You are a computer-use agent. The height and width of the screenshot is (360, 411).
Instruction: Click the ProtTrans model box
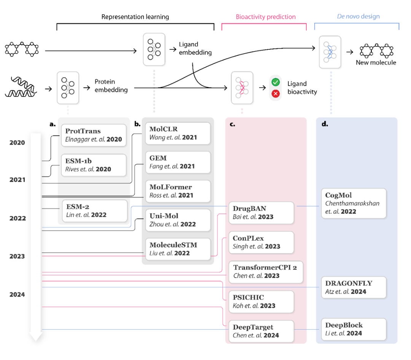coord(94,135)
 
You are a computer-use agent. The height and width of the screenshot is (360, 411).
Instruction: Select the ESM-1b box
coord(94,165)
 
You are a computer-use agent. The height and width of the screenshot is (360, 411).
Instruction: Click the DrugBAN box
coord(261,213)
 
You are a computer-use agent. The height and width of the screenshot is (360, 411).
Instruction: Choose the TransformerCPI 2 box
coord(266,271)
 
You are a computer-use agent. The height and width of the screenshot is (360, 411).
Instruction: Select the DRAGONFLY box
coord(354,287)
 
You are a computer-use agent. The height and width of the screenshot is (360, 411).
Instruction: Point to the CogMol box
coord(354,203)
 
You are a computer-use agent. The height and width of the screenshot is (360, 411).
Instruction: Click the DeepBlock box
coord(354,329)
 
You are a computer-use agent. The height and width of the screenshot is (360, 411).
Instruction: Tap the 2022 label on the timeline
coord(18,219)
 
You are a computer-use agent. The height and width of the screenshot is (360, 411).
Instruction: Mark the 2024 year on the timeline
coord(18,295)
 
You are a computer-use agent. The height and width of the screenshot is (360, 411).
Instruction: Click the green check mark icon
coord(275,82)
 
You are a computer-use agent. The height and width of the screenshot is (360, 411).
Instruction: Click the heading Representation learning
coord(135,17)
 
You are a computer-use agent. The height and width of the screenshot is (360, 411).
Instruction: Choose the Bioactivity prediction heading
coord(266,17)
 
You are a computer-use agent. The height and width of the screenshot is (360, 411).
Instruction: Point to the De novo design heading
coord(358,17)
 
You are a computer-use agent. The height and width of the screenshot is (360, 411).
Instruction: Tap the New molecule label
coord(376,63)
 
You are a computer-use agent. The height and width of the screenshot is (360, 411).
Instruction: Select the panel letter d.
coord(325,124)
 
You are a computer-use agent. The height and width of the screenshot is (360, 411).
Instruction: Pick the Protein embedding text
coord(111,86)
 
